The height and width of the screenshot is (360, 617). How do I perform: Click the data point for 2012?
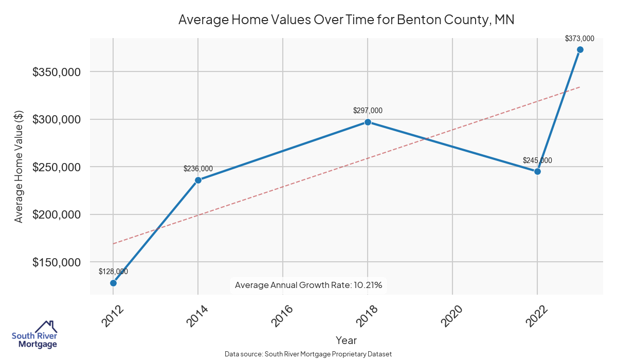[113, 283]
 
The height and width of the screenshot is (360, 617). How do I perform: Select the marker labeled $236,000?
[198, 180]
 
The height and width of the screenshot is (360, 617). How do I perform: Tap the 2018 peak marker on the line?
[368, 122]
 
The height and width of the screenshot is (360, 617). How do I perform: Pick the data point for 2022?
[537, 171]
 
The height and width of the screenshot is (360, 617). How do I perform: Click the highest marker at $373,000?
[580, 49]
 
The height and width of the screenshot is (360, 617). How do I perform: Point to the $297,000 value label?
[368, 111]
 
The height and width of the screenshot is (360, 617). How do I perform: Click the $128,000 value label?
[113, 272]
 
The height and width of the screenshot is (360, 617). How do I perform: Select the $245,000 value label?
[537, 160]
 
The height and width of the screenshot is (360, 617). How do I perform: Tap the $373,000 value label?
[579, 38]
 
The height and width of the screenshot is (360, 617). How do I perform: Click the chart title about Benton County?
[346, 20]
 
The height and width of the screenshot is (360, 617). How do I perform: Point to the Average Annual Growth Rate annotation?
[308, 285]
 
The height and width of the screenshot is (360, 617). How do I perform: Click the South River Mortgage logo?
[34, 335]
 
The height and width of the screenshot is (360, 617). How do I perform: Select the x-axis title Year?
[346, 340]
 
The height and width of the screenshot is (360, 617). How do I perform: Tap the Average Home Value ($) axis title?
[19, 167]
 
